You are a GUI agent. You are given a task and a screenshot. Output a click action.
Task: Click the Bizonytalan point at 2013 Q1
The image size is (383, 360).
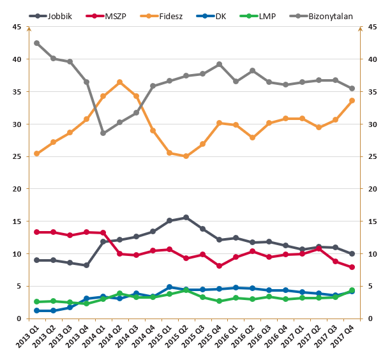[x=36, y=43]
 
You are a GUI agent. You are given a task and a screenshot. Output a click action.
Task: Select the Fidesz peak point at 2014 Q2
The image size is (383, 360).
[x=119, y=82]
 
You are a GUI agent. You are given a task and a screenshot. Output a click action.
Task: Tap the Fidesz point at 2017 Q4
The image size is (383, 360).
[x=352, y=101]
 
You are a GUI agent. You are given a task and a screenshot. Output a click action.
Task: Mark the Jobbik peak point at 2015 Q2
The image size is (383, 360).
[x=186, y=218]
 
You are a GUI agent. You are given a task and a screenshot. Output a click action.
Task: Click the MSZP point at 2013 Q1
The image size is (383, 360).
[x=36, y=232]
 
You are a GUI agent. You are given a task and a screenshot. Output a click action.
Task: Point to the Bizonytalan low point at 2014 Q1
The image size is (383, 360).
[x=103, y=133]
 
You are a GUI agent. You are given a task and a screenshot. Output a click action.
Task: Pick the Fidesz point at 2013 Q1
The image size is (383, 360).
[x=36, y=154]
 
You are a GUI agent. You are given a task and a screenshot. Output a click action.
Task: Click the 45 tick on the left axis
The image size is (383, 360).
[x=16, y=27]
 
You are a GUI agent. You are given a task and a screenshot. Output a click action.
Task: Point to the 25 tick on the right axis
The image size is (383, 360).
[x=370, y=156]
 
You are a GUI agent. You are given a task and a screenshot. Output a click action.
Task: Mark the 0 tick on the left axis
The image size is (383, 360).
[x=19, y=319]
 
